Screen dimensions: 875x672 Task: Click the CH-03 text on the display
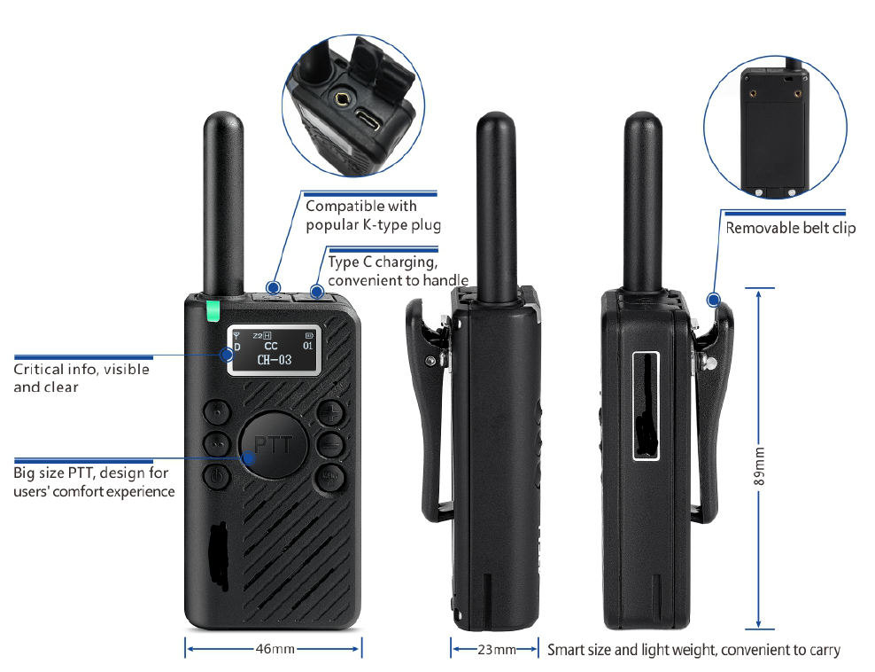[274, 360]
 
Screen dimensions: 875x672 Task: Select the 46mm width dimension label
[275, 649]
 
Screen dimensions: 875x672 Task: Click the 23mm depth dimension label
[496, 650]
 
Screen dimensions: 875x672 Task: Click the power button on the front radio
[216, 477]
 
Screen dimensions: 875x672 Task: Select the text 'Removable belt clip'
[791, 228]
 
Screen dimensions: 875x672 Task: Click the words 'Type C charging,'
[382, 262]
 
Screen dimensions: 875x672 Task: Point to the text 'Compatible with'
[360, 206]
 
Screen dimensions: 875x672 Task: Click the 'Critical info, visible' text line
[81, 369]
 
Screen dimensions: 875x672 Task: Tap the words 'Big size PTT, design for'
[91, 473]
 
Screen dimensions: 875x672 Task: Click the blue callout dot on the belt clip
[713, 300]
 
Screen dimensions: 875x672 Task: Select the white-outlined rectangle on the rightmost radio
[647, 404]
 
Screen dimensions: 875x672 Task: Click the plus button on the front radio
[329, 411]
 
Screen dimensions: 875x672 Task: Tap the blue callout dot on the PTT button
[249, 458]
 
